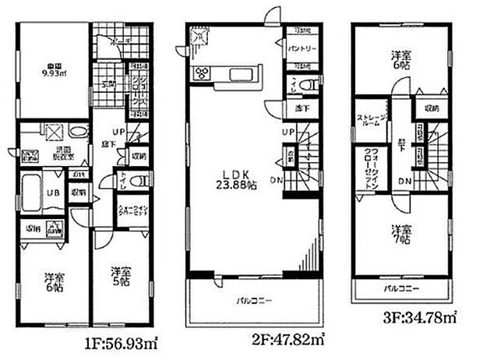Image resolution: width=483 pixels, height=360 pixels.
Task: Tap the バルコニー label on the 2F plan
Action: [x=250, y=299]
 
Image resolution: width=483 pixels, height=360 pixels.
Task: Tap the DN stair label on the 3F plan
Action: [x=406, y=182]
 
